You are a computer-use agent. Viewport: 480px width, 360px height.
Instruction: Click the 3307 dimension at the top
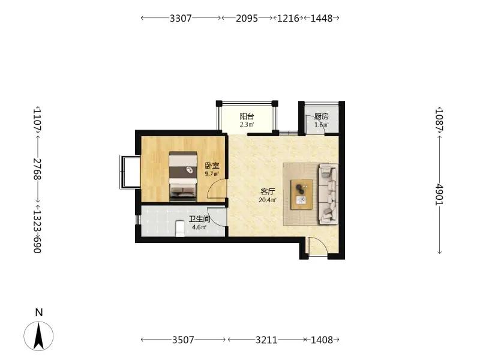(181, 19)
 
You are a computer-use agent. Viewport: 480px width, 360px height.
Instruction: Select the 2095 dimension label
(247, 19)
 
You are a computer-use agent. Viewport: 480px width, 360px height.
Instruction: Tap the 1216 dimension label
(288, 19)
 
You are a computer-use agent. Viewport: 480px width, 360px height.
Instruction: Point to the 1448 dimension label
(322, 19)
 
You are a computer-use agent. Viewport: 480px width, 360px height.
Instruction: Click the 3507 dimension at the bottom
(183, 340)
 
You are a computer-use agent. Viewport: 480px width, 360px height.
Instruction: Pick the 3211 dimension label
(266, 340)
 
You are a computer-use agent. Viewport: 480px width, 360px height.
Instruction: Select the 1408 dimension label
(322, 340)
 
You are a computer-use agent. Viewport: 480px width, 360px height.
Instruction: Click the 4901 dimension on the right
(440, 194)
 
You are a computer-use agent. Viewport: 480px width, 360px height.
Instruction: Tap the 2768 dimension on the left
(37, 169)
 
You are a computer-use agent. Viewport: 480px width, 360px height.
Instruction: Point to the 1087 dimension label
(440, 120)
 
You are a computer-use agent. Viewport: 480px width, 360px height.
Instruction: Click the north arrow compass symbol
(38, 336)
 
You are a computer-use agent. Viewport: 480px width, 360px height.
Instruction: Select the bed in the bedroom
(183, 176)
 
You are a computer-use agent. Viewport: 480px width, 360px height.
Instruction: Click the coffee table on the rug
(302, 194)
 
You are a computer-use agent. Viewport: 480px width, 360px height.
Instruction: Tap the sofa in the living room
(328, 194)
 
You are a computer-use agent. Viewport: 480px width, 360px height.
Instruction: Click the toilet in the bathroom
(180, 229)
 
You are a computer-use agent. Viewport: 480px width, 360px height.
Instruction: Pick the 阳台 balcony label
(247, 116)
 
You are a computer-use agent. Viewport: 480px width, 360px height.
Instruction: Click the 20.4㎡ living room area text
(268, 200)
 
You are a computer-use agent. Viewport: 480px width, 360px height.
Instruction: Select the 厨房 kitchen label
(322, 116)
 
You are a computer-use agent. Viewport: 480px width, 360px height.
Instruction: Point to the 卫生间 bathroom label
(199, 219)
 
